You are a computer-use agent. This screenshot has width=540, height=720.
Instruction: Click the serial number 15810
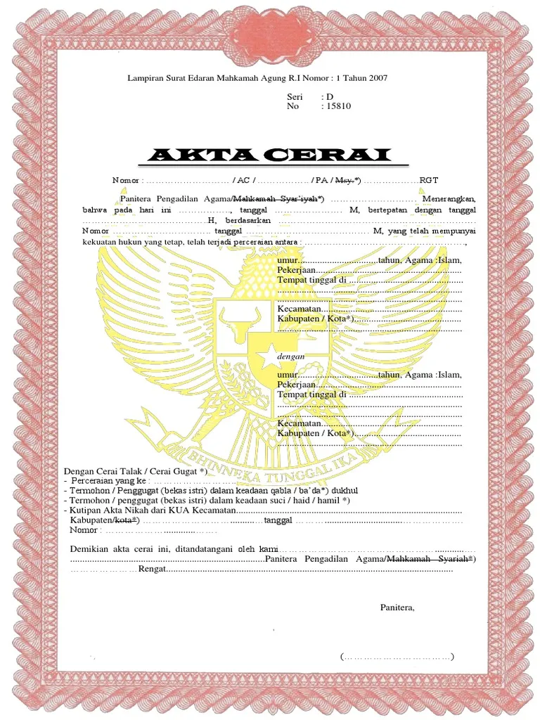[336, 106]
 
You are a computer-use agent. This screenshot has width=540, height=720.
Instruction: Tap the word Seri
[295, 96]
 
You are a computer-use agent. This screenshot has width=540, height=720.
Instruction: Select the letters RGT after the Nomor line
[428, 181]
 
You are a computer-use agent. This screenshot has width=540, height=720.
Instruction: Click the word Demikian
[90, 548]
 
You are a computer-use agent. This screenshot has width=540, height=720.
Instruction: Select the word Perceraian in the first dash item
[96, 480]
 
